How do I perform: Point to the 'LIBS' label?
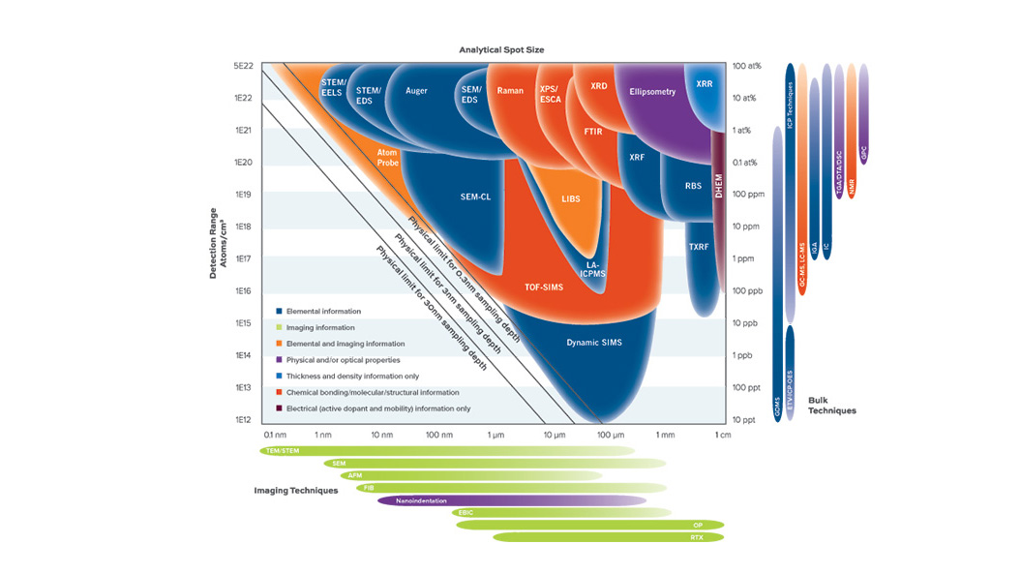tap(571, 198)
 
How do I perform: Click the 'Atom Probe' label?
tap(387, 158)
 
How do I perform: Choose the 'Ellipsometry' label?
tap(652, 92)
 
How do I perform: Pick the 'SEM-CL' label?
tap(475, 196)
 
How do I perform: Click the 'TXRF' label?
tap(699, 247)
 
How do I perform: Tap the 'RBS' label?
tap(693, 186)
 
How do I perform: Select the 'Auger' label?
tap(416, 91)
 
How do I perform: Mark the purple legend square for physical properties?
tap(279, 359)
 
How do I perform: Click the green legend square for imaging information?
tap(279, 327)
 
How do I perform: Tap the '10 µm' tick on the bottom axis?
tap(554, 435)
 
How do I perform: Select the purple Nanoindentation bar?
tap(511, 500)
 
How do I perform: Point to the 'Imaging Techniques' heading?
tap(296, 491)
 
